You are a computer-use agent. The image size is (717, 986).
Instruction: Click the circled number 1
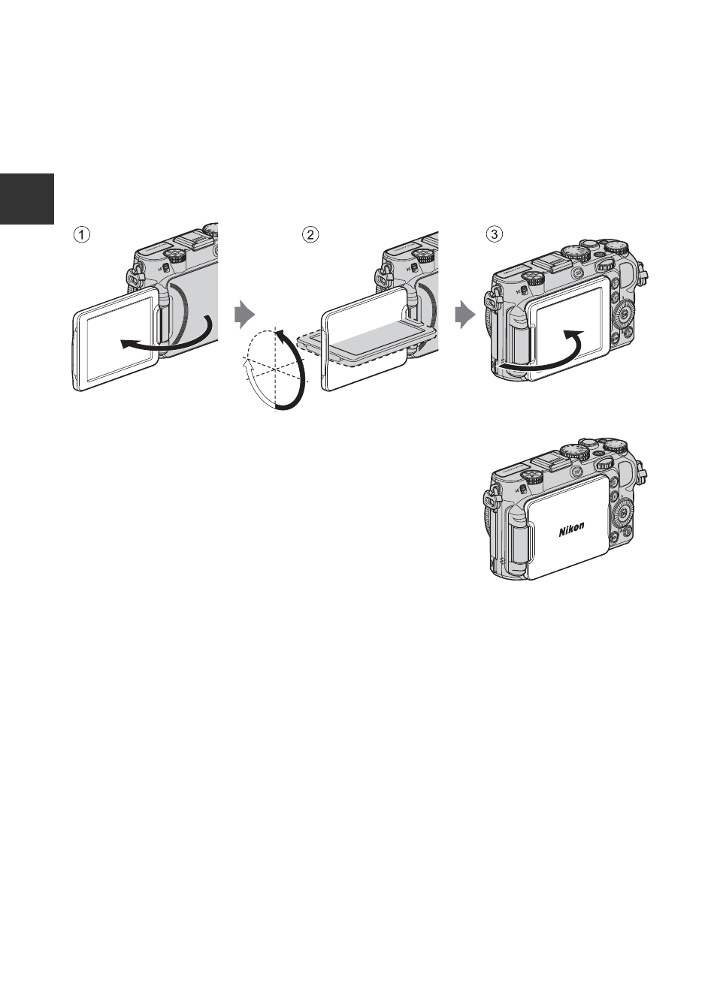pyautogui.click(x=81, y=234)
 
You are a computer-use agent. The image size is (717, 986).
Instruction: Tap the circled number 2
pyautogui.click(x=310, y=234)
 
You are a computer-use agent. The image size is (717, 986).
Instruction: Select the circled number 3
pyautogui.click(x=495, y=234)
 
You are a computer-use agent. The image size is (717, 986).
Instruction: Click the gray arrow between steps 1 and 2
pyautogui.click(x=245, y=315)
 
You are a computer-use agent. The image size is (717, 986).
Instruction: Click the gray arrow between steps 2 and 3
pyautogui.click(x=465, y=315)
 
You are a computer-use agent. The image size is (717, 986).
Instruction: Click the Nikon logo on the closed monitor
pyautogui.click(x=572, y=529)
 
